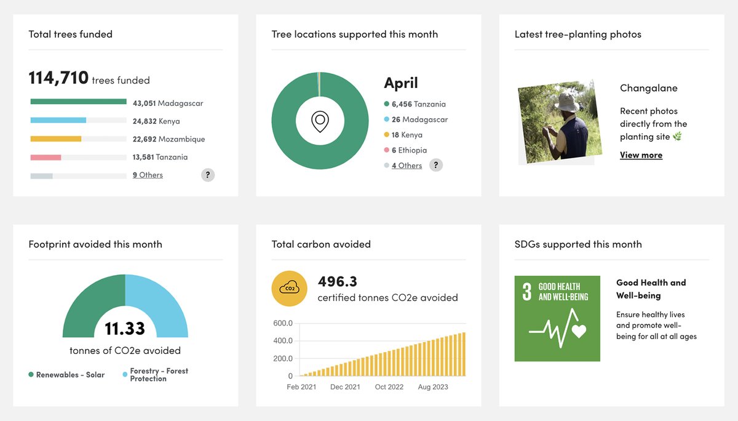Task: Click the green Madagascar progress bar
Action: click(79, 102)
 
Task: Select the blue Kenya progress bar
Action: click(58, 121)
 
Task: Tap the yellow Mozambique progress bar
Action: click(56, 139)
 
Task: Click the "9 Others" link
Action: click(148, 175)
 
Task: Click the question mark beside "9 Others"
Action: click(208, 175)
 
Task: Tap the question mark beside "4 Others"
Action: click(436, 165)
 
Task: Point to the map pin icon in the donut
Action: click(320, 121)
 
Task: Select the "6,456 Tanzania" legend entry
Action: click(415, 104)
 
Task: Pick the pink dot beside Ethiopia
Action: click(386, 150)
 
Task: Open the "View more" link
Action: click(641, 155)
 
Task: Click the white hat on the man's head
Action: click(566, 102)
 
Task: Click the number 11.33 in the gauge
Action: click(124, 328)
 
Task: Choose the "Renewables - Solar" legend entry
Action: click(66, 374)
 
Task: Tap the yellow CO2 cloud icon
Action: click(289, 289)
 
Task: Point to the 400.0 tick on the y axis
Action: click(283, 340)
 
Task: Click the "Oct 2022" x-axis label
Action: click(389, 387)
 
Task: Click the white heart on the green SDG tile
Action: click(579, 331)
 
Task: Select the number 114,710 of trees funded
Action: click(58, 78)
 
